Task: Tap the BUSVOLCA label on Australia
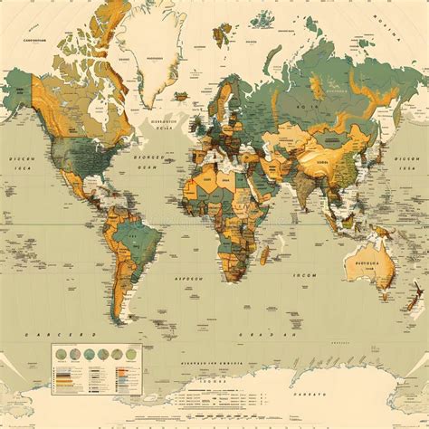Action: pos(367,256)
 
